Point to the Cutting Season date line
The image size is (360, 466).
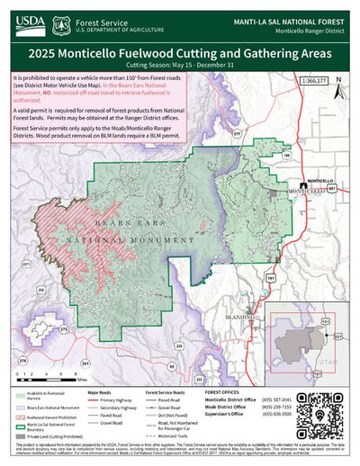click(179, 66)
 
